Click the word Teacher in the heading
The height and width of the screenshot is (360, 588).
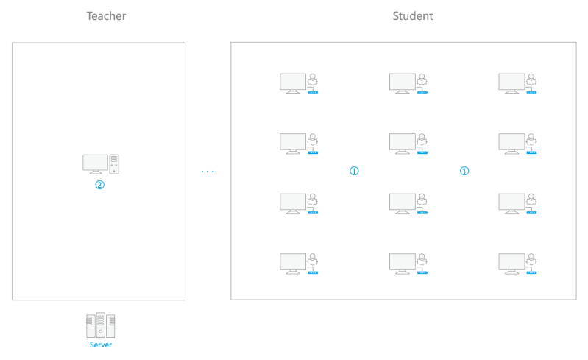106,16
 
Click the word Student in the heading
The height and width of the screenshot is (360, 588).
413,16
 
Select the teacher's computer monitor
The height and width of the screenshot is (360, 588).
95,163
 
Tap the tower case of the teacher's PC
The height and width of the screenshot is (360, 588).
114,164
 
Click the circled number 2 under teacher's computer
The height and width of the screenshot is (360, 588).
100,185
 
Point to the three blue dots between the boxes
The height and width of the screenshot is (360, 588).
208,172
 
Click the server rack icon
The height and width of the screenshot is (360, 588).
101,325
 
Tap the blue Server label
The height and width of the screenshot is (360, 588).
101,345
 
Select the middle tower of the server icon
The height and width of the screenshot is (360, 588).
101,324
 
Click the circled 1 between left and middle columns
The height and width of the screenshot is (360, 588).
354,171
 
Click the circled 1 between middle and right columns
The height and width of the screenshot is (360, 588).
464,171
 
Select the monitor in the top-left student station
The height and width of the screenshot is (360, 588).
293,82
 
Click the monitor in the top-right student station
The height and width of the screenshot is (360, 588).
511,82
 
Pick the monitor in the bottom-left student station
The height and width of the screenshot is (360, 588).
293,263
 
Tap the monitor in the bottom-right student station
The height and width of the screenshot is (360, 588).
511,263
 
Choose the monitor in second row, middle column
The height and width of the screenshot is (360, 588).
402,143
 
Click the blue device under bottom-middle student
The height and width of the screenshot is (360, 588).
422,273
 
